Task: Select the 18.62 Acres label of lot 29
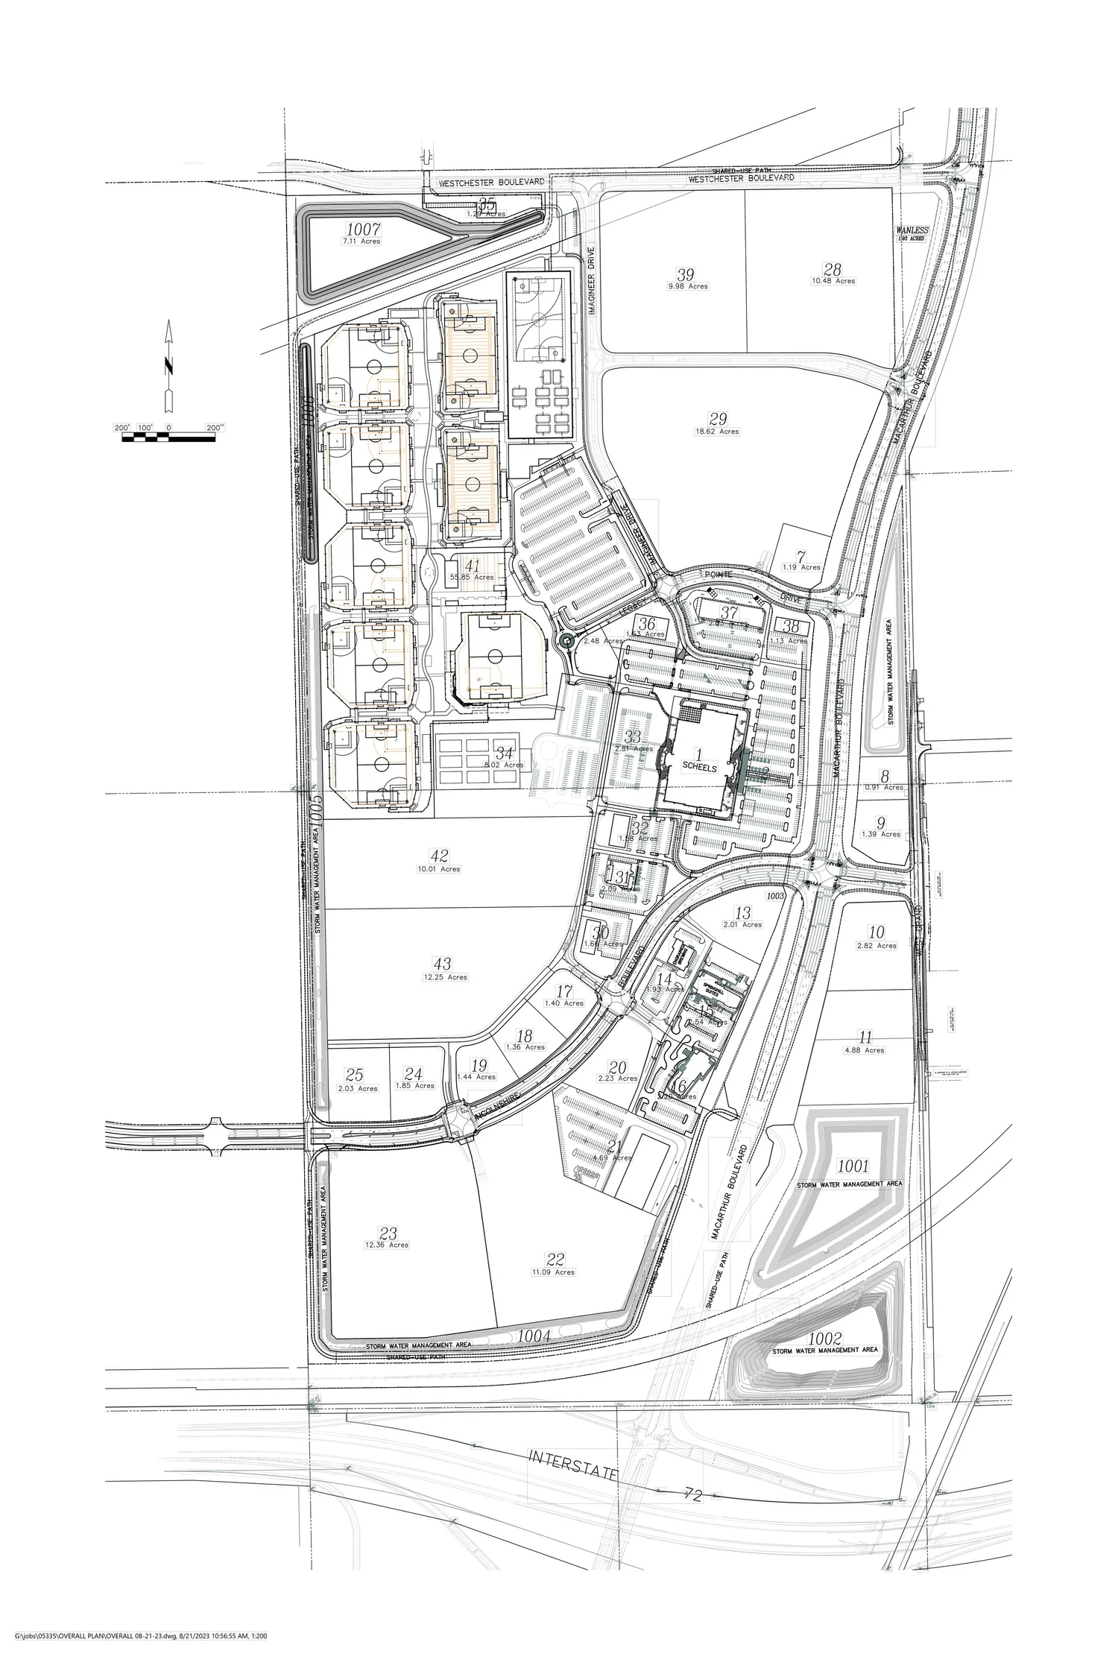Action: pyautogui.click(x=718, y=432)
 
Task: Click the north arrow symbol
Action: pyautogui.click(x=169, y=366)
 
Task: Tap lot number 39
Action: pyautogui.click(x=685, y=274)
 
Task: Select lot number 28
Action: pyautogui.click(x=833, y=269)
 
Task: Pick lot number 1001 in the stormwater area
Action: pyautogui.click(x=853, y=1165)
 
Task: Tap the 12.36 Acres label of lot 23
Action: pyautogui.click(x=387, y=1245)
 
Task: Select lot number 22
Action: pyautogui.click(x=555, y=1260)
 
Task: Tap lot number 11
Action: pyautogui.click(x=865, y=1038)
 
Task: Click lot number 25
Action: pyautogui.click(x=354, y=1075)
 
